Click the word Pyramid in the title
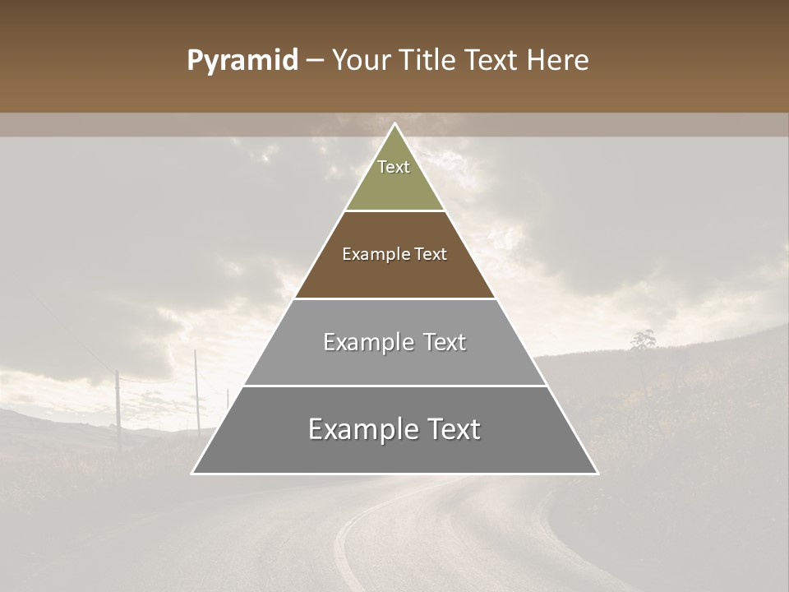click(x=242, y=60)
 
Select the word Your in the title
click(x=362, y=60)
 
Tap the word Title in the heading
click(x=427, y=60)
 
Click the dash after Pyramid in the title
click(x=314, y=61)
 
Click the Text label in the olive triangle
click(x=394, y=167)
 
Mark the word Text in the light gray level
click(x=445, y=342)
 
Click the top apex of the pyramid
click(x=394, y=125)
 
